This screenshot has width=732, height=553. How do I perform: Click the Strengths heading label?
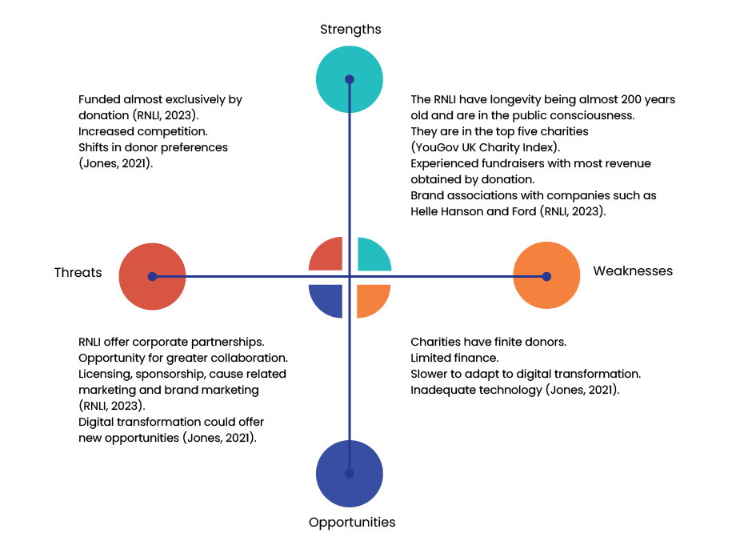(350, 30)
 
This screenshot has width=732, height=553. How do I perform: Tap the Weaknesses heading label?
(632, 271)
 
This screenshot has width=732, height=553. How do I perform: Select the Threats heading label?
(78, 272)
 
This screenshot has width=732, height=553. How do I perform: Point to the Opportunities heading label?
(352, 523)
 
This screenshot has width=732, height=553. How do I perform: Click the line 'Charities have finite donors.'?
(489, 342)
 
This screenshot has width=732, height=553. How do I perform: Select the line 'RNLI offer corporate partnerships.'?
(172, 342)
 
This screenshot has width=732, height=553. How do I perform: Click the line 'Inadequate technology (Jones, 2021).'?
(515, 390)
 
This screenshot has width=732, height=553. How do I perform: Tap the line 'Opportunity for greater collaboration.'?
(183, 358)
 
